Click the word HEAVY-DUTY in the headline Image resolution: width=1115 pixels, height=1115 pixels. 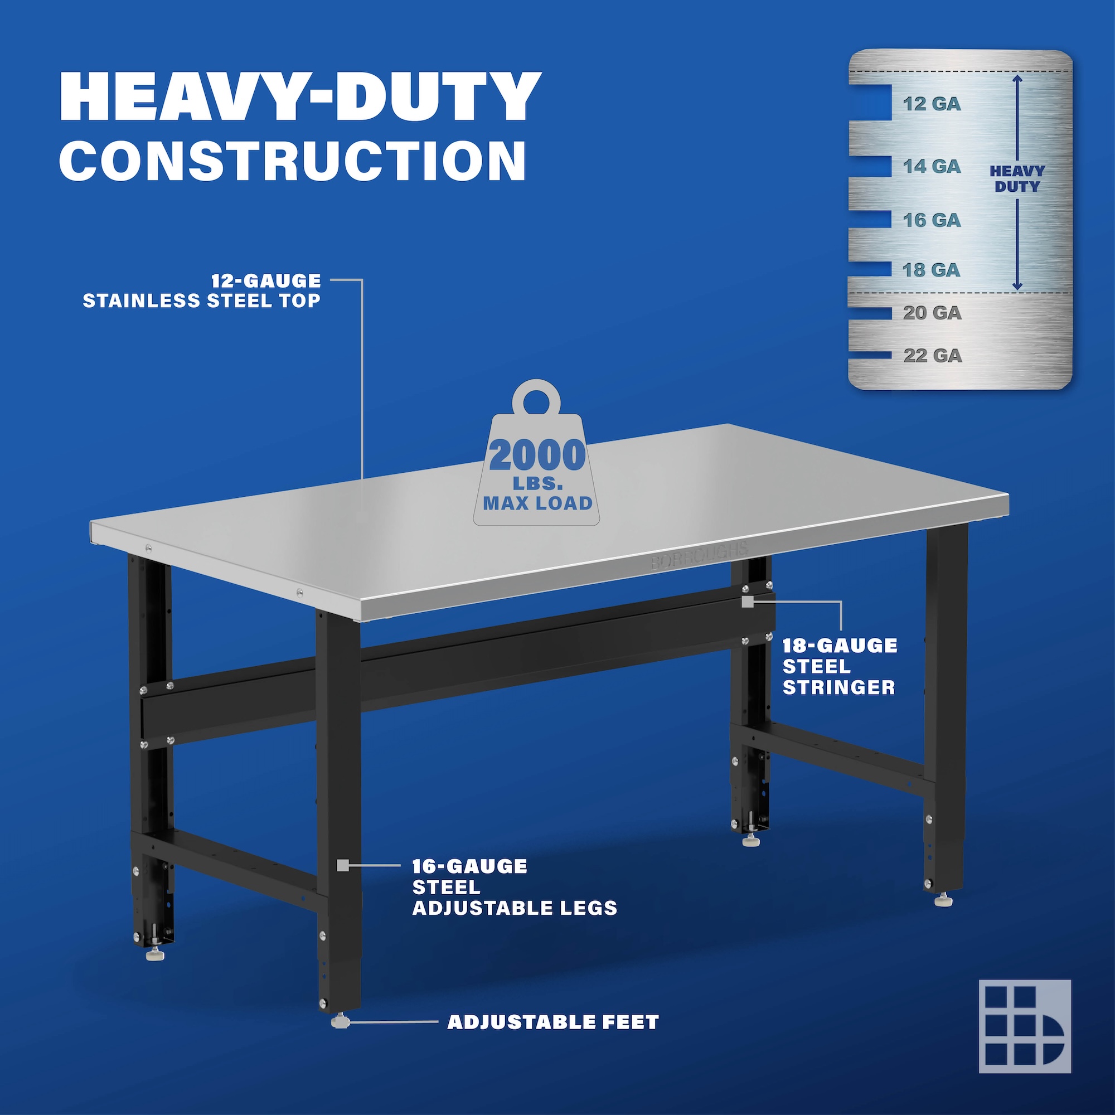[300, 96]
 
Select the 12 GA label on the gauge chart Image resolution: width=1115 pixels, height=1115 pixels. [932, 104]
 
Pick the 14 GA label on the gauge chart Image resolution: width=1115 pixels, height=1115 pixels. [932, 166]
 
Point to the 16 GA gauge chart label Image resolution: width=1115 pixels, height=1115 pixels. [932, 220]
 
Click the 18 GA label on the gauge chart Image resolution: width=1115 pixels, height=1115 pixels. [932, 269]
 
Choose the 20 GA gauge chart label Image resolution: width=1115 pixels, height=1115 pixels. [932, 313]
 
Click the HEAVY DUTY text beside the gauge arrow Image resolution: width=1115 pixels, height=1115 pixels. [1017, 178]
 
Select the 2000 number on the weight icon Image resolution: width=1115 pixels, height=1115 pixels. [537, 455]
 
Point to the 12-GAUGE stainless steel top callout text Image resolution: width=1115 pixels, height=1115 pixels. [201, 290]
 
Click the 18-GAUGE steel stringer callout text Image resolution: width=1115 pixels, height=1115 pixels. [840, 666]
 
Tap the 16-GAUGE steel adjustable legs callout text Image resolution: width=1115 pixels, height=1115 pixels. [514, 887]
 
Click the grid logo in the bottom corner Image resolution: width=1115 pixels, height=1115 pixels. [1024, 1026]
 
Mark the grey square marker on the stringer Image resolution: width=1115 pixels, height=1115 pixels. [748, 602]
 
